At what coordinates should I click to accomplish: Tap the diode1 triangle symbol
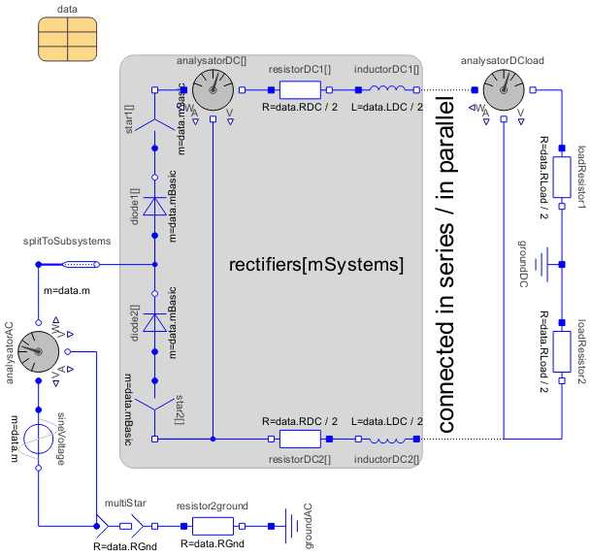[155, 207]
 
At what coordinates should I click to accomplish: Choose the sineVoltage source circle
[37, 440]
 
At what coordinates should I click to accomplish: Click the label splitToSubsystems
[66, 241]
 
